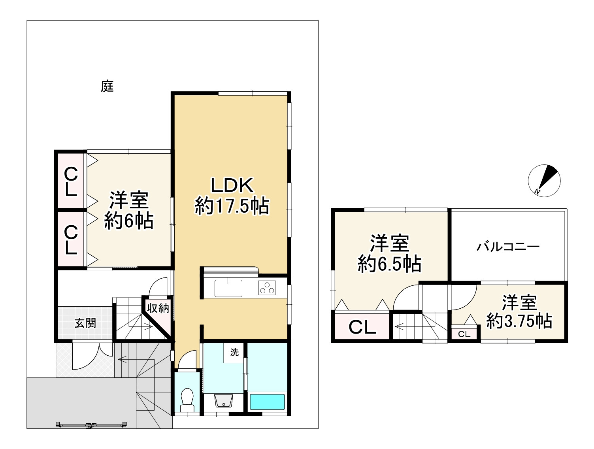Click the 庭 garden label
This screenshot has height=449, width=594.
click(107, 86)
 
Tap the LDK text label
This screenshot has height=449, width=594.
click(232, 185)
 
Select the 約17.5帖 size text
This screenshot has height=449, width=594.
click(232, 206)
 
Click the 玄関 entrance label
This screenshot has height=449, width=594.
click(85, 323)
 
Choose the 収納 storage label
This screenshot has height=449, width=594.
click(158, 308)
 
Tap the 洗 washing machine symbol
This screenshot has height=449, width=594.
click(234, 352)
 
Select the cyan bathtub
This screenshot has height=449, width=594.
click(267, 402)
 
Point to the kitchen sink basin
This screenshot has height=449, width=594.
click(228, 289)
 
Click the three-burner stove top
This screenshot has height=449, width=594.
click(267, 288)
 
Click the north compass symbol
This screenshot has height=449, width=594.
click(544, 181)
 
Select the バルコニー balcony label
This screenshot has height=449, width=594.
click(508, 247)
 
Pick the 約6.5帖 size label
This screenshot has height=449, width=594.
click(389, 264)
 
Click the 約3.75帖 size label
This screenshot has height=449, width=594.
click(519, 321)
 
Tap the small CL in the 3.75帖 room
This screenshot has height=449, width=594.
click(464, 334)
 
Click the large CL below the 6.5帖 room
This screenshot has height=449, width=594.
click(362, 328)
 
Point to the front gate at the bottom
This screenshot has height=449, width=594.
click(91, 424)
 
